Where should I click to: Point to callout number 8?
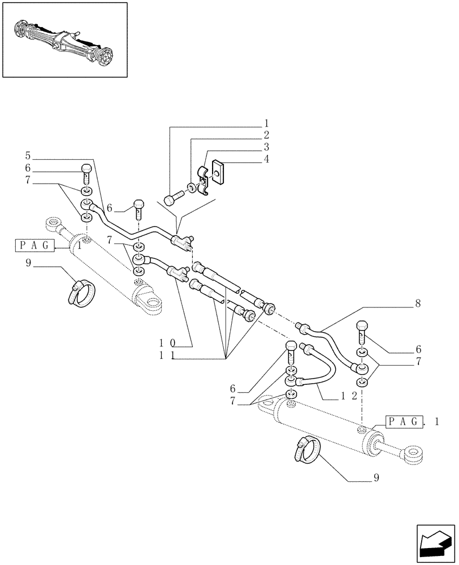tap(417, 304)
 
